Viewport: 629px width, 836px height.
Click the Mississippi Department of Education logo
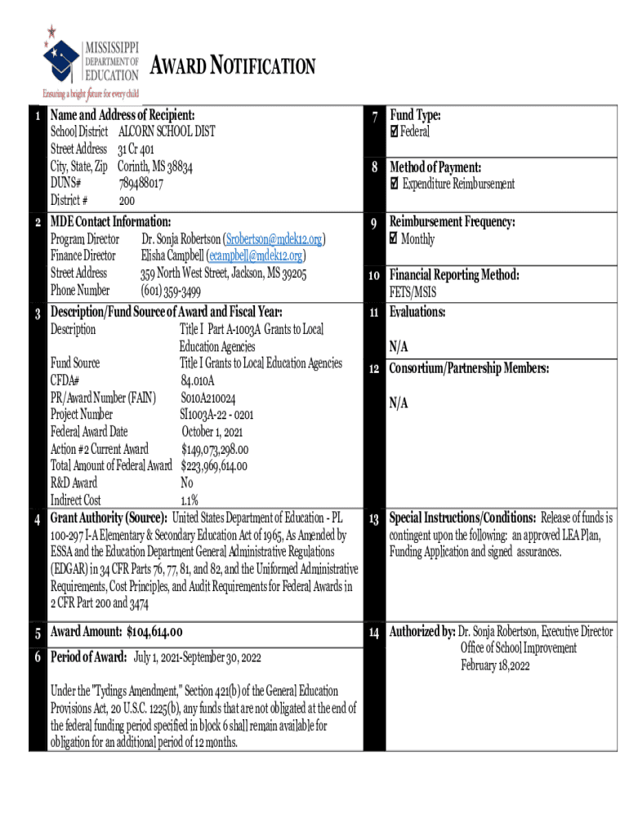tap(92, 61)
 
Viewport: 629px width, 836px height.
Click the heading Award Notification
tap(234, 66)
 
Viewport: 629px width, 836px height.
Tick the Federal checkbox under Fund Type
tap(395, 132)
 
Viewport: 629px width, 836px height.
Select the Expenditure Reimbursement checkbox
tap(395, 184)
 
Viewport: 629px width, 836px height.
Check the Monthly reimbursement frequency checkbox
tap(395, 239)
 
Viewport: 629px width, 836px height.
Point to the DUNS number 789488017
tap(141, 184)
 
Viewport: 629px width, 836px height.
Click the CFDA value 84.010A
tap(198, 380)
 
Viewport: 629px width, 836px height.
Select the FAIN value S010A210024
tap(208, 398)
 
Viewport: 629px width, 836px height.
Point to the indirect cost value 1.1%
tap(190, 500)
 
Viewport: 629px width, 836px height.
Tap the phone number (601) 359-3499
tap(171, 291)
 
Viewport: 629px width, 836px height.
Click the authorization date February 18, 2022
tap(496, 665)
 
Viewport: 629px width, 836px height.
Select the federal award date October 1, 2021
tap(212, 432)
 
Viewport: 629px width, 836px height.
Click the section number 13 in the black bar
tap(373, 519)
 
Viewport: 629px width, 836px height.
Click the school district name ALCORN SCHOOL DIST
tap(167, 132)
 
